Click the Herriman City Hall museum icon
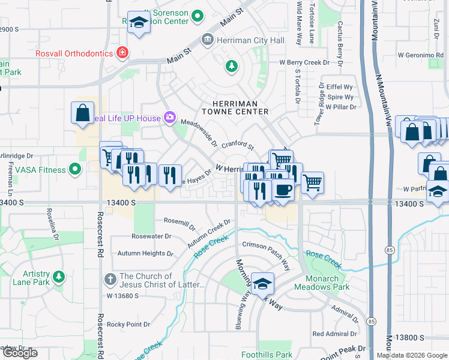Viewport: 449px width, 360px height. [x=208, y=40]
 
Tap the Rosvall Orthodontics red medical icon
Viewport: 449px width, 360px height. [x=122, y=53]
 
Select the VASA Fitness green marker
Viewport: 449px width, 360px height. [x=75, y=170]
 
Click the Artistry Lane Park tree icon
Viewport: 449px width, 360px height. [x=58, y=277]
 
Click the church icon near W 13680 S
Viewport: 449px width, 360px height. [x=109, y=280]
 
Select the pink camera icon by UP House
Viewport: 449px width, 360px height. [x=170, y=118]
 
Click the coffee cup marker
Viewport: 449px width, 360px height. [x=283, y=190]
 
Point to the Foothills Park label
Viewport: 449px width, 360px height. [x=268, y=355]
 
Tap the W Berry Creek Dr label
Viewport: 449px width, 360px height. [x=304, y=62]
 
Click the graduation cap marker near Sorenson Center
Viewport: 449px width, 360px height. [x=139, y=23]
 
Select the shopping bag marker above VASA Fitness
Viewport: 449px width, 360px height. [x=82, y=112]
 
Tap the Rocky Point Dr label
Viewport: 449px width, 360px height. [x=128, y=325]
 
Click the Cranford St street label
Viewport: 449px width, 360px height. [x=238, y=146]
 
